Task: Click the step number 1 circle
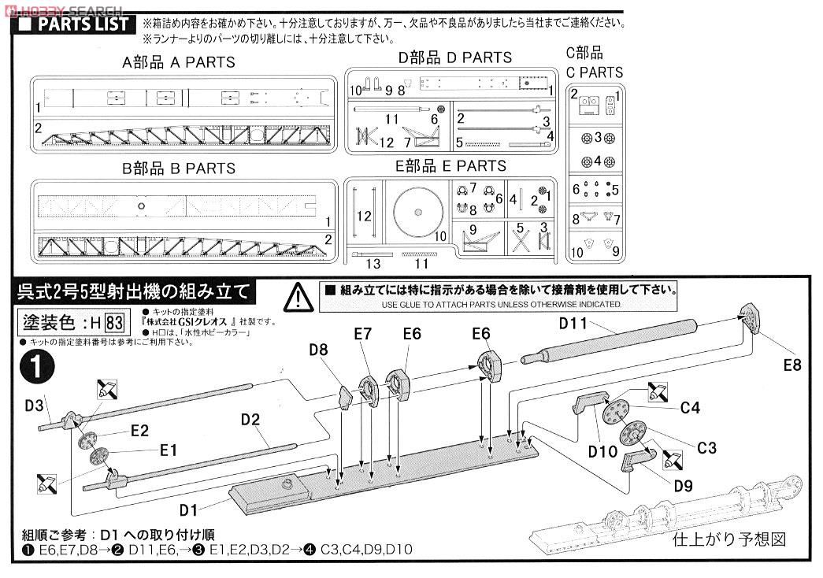(x=36, y=367)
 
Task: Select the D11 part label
(x=573, y=322)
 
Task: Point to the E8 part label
(x=791, y=365)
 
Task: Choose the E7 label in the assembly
(x=363, y=334)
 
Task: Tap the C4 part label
(x=690, y=407)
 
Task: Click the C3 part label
(x=706, y=447)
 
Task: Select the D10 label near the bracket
(x=602, y=452)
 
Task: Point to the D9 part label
(x=684, y=486)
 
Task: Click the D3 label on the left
(x=34, y=406)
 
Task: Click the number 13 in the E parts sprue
(x=373, y=264)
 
